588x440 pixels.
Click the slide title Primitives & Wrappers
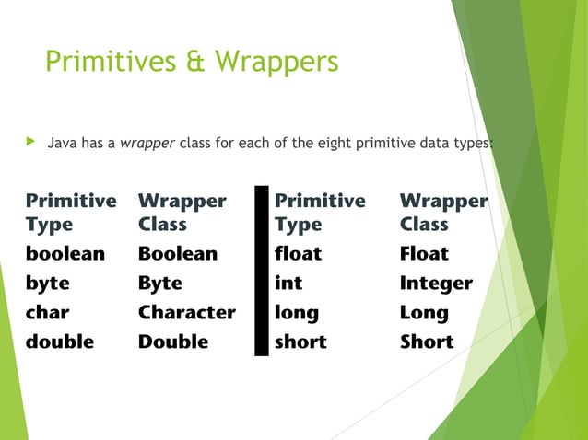tap(192, 62)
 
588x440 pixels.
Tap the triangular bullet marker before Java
tap(30, 143)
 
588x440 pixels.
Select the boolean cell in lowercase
tap(65, 253)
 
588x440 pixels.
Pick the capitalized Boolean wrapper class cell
tap(178, 253)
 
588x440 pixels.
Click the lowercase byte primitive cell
tap(48, 283)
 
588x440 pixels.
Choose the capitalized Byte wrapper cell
tap(160, 283)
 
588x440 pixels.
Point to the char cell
tap(48, 312)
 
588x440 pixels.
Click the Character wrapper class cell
tap(187, 312)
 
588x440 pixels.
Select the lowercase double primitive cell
tap(60, 342)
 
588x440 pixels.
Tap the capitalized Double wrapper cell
tap(173, 342)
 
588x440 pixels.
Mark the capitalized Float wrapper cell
tap(424, 253)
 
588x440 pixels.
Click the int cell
tap(288, 283)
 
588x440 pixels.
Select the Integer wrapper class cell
tap(436, 283)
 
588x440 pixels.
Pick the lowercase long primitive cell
tap(297, 312)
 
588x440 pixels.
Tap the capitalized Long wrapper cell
tap(424, 312)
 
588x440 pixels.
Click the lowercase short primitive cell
tap(300, 342)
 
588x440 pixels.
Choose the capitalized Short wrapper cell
tap(427, 342)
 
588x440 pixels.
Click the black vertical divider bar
tap(262, 271)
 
